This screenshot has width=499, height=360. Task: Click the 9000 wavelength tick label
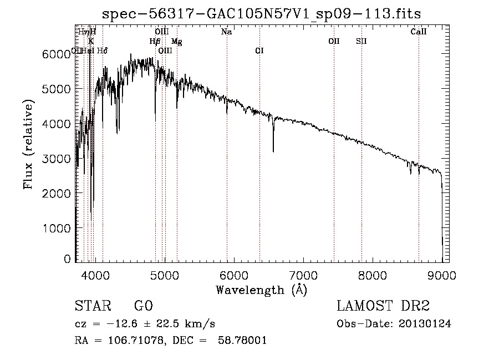click(442, 275)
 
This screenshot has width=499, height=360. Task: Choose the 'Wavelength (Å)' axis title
click(261, 290)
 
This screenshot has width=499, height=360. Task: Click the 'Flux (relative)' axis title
click(28, 145)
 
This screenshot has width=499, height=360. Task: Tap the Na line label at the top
click(226, 32)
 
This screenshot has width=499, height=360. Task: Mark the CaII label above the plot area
click(419, 32)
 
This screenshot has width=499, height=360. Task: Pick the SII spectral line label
click(361, 41)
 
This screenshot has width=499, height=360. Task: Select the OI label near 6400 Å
click(259, 51)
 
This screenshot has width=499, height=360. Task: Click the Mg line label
click(176, 42)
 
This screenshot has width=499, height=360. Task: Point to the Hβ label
click(155, 42)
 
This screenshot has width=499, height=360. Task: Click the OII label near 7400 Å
click(334, 41)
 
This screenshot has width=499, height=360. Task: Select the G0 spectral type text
click(143, 306)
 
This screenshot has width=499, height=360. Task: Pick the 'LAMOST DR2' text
click(383, 306)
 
